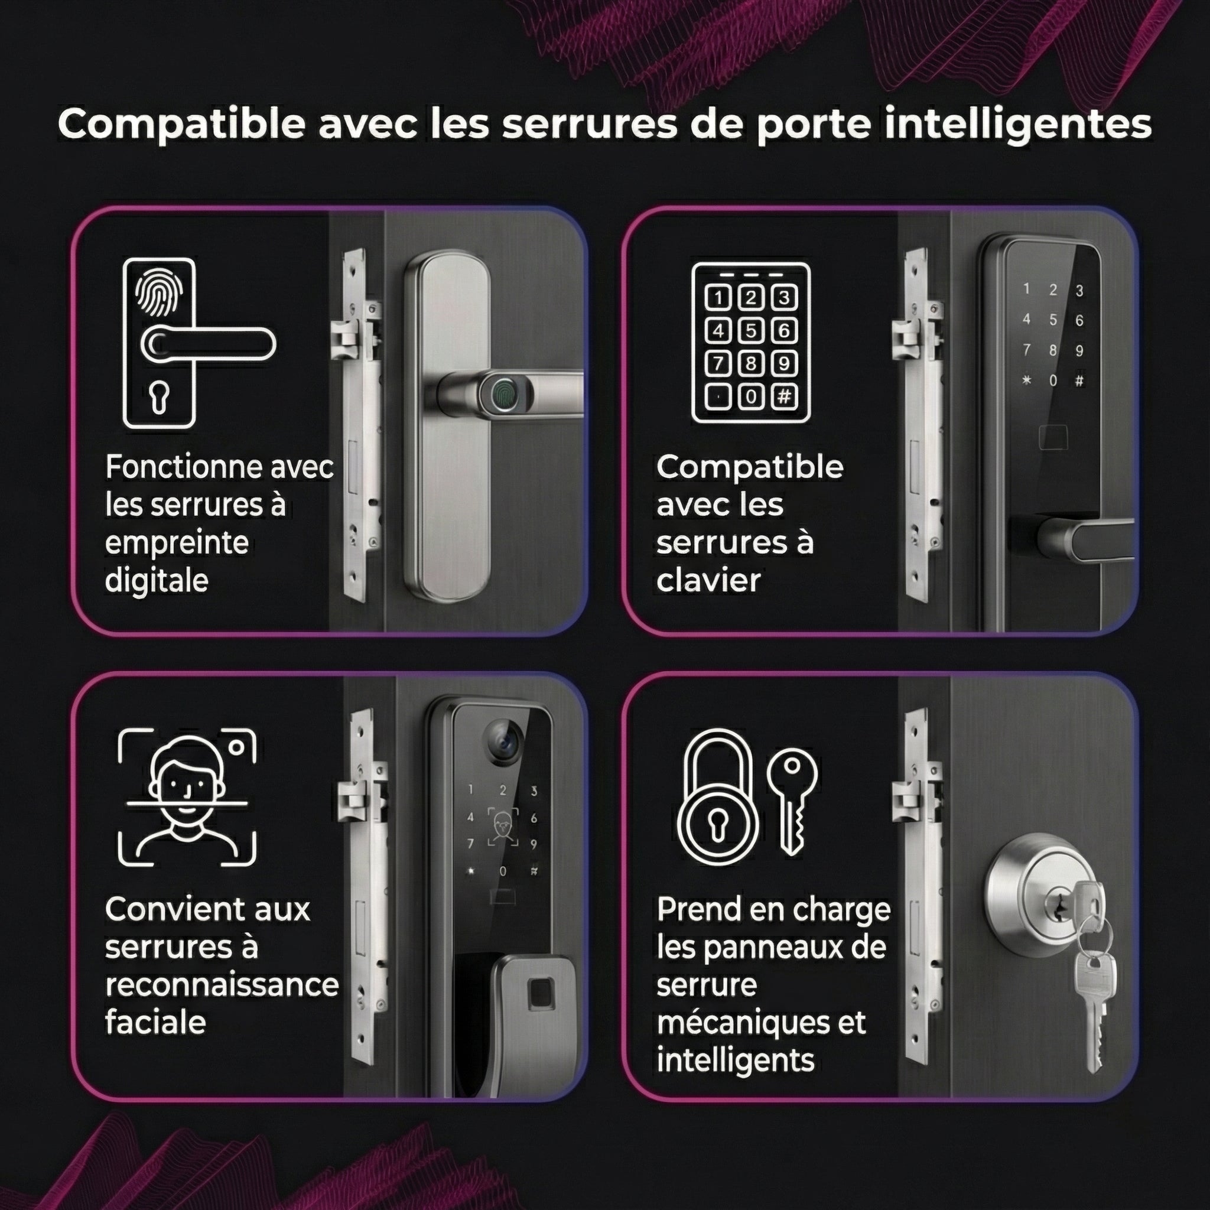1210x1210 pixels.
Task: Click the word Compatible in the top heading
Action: [181, 125]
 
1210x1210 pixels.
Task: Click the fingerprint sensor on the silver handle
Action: [504, 395]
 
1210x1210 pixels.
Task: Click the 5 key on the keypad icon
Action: [751, 330]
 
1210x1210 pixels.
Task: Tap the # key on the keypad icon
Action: [783, 396]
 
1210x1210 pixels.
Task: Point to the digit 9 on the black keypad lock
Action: [1079, 351]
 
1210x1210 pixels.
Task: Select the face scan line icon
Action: [187, 796]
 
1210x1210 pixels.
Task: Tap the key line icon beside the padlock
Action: [792, 802]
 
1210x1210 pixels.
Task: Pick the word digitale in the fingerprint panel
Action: [157, 581]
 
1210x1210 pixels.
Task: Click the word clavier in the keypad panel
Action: [708, 581]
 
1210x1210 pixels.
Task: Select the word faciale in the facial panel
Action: [155, 1023]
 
